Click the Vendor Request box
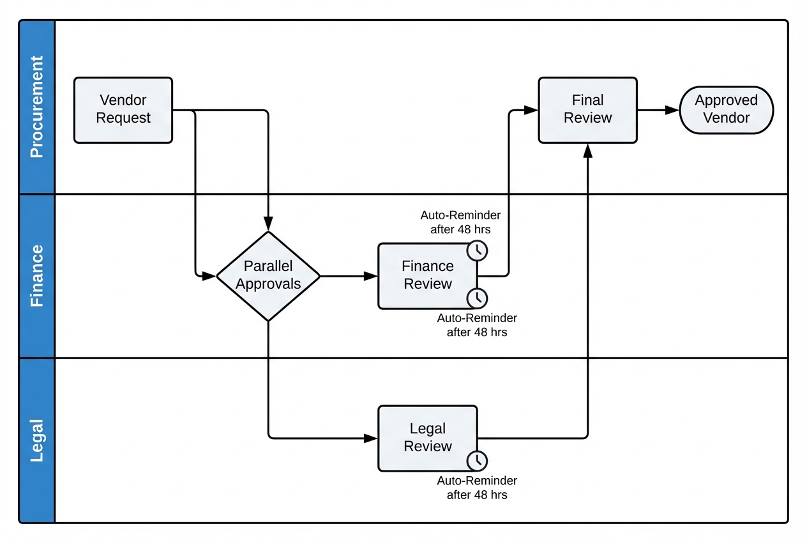(x=123, y=110)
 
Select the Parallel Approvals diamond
(x=268, y=276)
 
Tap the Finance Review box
(x=428, y=275)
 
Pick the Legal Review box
(x=428, y=438)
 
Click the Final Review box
(x=587, y=110)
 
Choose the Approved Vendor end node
(x=726, y=110)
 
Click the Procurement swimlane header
(x=37, y=107)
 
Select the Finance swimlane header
(x=37, y=275)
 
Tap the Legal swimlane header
(x=37, y=440)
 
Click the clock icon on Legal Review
(x=477, y=460)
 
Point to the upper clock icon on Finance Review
(x=477, y=251)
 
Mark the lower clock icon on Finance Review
(x=477, y=298)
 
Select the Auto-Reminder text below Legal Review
(x=477, y=488)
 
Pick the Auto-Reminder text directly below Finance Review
(x=477, y=325)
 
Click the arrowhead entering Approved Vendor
(x=672, y=110)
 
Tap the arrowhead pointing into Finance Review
(x=371, y=276)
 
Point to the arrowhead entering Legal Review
(x=371, y=438)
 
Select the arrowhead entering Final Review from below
(x=587, y=150)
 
